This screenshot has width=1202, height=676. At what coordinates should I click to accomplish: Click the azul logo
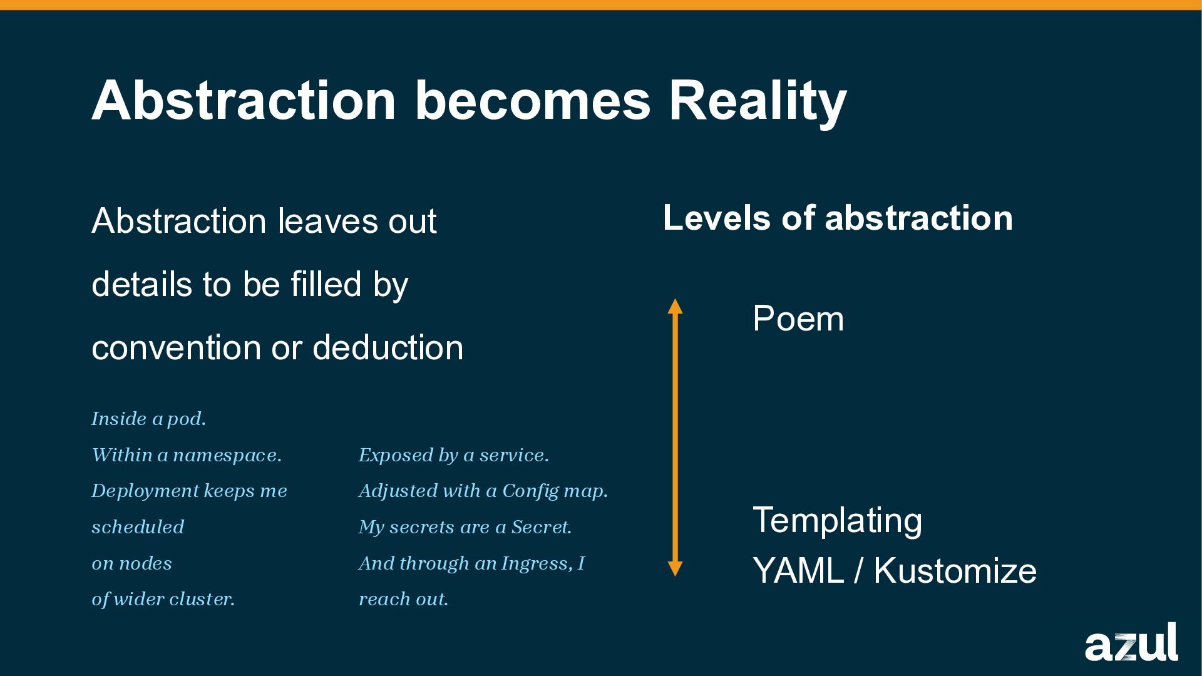click(x=1131, y=643)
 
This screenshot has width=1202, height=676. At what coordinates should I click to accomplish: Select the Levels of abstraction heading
click(x=838, y=218)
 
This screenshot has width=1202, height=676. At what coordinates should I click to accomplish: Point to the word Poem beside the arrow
click(x=798, y=319)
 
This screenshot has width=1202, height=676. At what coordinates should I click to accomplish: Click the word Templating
click(x=837, y=520)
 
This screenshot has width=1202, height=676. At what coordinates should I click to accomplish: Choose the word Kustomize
click(x=955, y=571)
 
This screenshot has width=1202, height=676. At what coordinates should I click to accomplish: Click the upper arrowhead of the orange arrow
click(x=675, y=306)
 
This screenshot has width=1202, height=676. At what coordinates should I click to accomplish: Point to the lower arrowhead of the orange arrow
click(x=675, y=568)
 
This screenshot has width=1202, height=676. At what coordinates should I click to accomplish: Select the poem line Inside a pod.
click(x=148, y=419)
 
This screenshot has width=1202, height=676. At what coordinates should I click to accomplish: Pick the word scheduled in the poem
click(x=138, y=527)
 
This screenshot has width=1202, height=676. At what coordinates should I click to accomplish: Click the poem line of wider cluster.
click(x=163, y=599)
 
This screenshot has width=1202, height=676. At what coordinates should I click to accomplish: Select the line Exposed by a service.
click(x=453, y=455)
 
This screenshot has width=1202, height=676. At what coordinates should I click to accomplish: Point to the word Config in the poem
click(x=530, y=491)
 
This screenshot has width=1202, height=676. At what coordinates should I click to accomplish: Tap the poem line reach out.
click(x=403, y=599)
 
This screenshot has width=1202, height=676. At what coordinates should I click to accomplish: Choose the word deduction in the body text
click(x=388, y=347)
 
